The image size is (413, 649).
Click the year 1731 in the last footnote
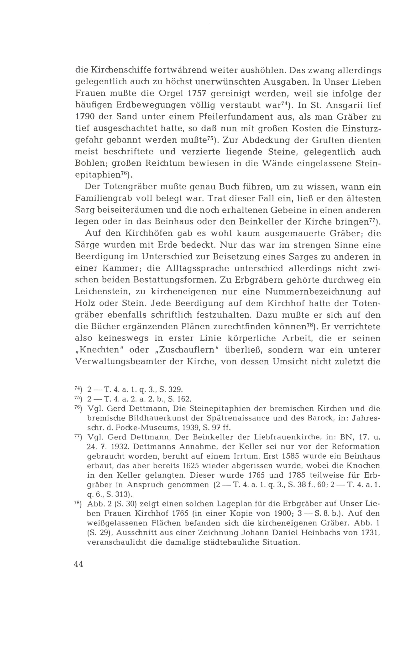click(369, 532)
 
